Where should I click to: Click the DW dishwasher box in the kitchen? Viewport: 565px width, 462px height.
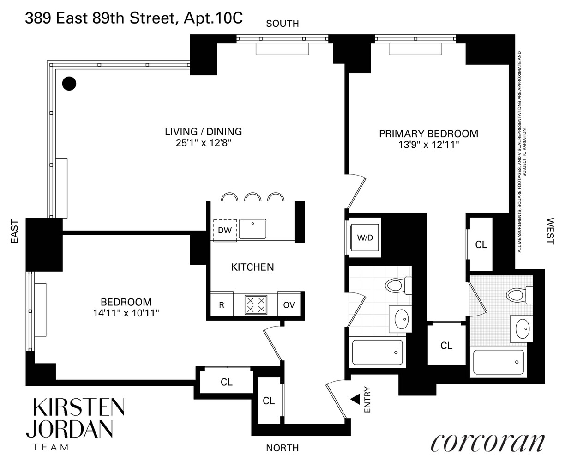pos(225,230)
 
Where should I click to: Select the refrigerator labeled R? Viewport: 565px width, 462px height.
pos(222,305)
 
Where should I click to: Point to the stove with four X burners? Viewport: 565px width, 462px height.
pos(255,305)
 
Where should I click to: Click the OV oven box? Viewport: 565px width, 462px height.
pos(289,305)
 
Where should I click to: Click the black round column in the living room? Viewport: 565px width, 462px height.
pos(69,83)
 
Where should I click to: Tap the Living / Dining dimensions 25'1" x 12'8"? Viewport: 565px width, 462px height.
pos(204,143)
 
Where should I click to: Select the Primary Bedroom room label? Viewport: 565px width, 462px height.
pos(428,134)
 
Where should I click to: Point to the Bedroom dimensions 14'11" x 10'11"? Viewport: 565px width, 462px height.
pos(126,313)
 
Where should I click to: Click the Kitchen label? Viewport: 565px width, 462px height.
pos(252,267)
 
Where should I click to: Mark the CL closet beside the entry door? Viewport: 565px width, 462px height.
pos(269,401)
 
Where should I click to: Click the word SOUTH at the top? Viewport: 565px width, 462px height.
pos(282,24)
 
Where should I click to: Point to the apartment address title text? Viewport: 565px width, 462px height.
pos(133,19)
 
